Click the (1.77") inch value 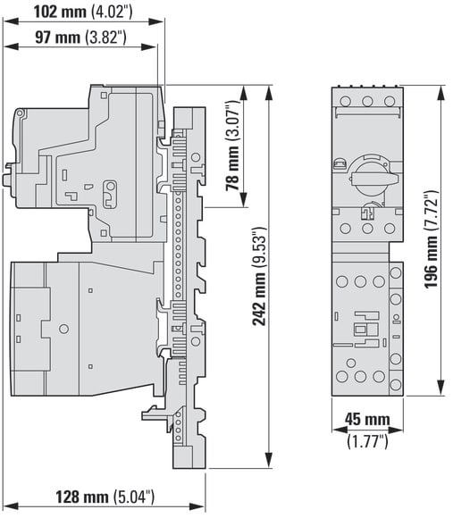pyautogui.click(x=367, y=441)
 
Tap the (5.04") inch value pyautogui.click(x=134, y=497)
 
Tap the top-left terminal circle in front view pyautogui.click(x=345, y=101)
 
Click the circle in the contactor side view pyautogui.click(x=63, y=329)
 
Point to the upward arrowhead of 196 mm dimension pyautogui.click(x=440, y=93)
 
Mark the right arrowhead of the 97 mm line pyautogui.click(x=149, y=46)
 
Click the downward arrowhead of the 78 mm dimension pyautogui.click(x=244, y=200)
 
